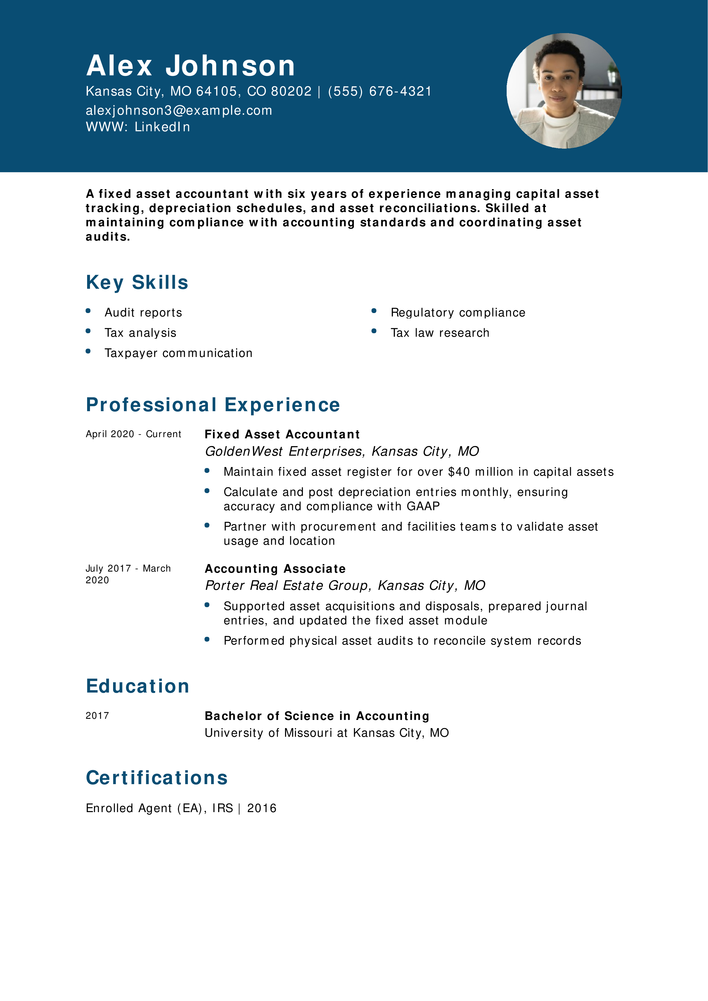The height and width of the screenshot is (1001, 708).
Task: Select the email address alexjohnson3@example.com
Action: pyautogui.click(x=179, y=110)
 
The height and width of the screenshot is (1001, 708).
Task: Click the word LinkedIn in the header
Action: pyautogui.click(x=162, y=127)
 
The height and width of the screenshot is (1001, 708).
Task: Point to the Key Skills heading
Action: pyautogui.click(x=137, y=282)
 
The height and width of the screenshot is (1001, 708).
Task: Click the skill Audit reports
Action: pyautogui.click(x=143, y=312)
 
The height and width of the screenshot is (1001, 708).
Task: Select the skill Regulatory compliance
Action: pyautogui.click(x=458, y=312)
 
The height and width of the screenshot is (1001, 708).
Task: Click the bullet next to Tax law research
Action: pyautogui.click(x=374, y=331)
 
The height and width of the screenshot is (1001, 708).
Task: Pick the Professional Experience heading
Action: pyautogui.click(x=213, y=405)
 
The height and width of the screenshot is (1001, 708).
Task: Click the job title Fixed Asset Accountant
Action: pyautogui.click(x=282, y=434)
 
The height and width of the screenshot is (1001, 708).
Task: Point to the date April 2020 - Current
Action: pyautogui.click(x=133, y=434)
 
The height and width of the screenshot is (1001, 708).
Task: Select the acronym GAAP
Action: pyautogui.click(x=423, y=506)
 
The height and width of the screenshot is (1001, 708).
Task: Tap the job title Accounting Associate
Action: pyautogui.click(x=275, y=569)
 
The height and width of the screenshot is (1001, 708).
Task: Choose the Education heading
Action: pyautogui.click(x=137, y=686)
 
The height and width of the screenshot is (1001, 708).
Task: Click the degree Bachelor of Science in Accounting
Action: pyautogui.click(x=317, y=716)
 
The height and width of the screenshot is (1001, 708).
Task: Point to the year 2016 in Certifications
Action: pyautogui.click(x=262, y=808)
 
